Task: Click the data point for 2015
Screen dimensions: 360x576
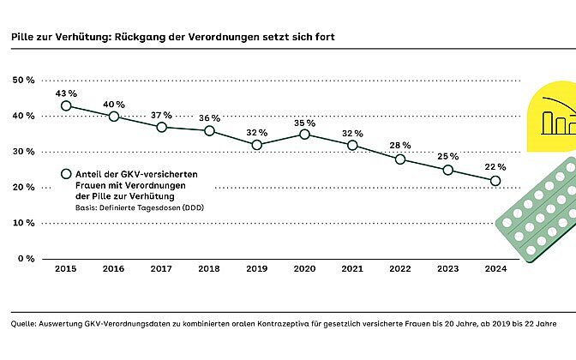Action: (x=66, y=106)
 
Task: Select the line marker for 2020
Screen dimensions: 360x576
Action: (x=304, y=135)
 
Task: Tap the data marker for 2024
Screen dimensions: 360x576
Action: (x=495, y=180)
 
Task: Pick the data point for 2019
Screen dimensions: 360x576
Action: (x=256, y=145)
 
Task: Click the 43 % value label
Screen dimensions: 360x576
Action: (x=66, y=93)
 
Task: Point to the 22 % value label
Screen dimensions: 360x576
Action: (x=495, y=166)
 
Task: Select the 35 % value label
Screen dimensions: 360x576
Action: (x=304, y=121)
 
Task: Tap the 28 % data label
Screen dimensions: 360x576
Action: (x=399, y=144)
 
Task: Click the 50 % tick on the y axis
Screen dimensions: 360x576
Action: (x=23, y=80)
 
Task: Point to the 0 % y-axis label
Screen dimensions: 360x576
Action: (x=26, y=258)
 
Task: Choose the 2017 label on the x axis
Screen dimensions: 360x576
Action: (x=161, y=268)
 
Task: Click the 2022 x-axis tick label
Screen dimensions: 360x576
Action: (x=399, y=268)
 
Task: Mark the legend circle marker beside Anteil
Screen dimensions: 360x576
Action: (x=66, y=174)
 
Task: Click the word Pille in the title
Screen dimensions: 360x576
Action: (x=22, y=38)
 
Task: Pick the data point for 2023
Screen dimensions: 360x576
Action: (x=447, y=170)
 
